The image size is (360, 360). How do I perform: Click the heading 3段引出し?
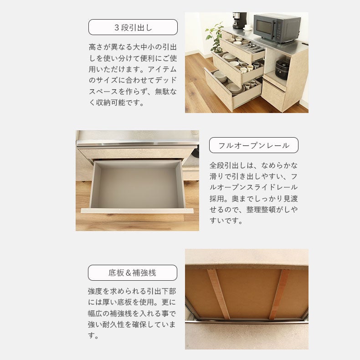tap(133, 27)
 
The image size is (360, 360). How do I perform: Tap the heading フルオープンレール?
tap(254, 145)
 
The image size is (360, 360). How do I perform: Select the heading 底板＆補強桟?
tap(133, 273)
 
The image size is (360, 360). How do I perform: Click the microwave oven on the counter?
tap(277, 28)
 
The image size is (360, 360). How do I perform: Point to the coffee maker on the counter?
tap(239, 20)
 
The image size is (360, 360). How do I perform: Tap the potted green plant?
tap(215, 37)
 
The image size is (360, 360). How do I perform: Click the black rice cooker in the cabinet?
tap(282, 69)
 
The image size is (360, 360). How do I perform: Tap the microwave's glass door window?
tap(264, 27)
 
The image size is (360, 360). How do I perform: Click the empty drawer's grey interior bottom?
tap(138, 188)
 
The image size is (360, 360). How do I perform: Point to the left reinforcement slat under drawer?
tap(219, 294)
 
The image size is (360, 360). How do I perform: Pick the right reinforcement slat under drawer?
tap(279, 294)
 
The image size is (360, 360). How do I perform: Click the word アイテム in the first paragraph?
tap(162, 69)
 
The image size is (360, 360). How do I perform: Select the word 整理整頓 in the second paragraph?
tap(261, 209)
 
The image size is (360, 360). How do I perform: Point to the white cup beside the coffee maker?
tap(247, 27)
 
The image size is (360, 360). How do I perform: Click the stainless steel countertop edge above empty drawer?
tap(137, 144)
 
